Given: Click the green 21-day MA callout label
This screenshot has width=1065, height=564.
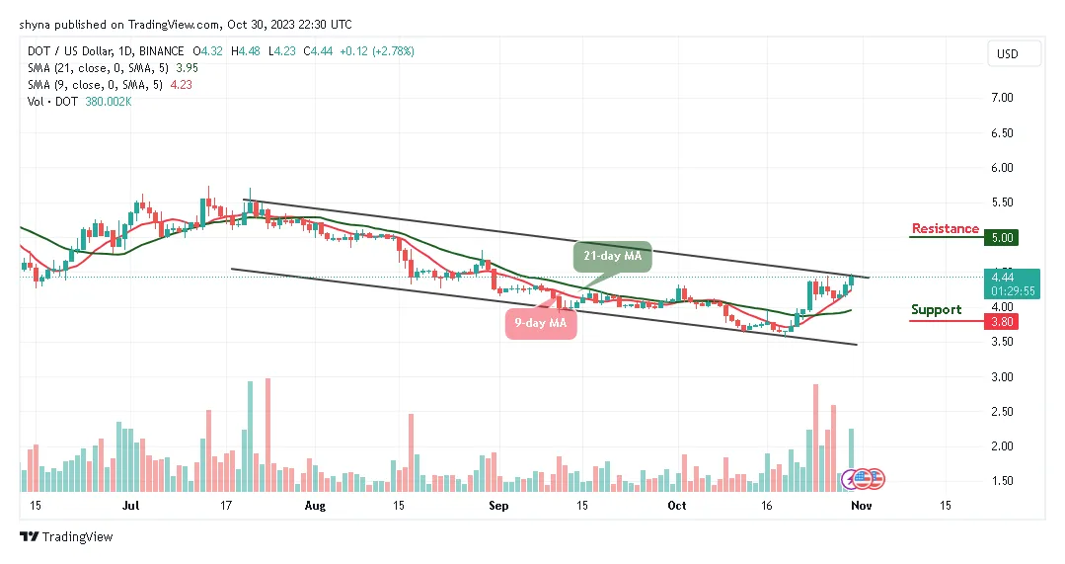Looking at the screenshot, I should [612, 257].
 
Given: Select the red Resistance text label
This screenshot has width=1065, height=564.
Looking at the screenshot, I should [945, 229].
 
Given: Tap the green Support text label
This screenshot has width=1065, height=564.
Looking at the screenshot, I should [936, 310].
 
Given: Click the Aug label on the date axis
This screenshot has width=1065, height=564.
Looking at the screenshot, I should [315, 505].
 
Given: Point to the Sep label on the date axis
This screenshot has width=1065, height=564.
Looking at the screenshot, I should [498, 505].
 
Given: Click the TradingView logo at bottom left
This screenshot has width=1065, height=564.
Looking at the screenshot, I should [66, 536].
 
